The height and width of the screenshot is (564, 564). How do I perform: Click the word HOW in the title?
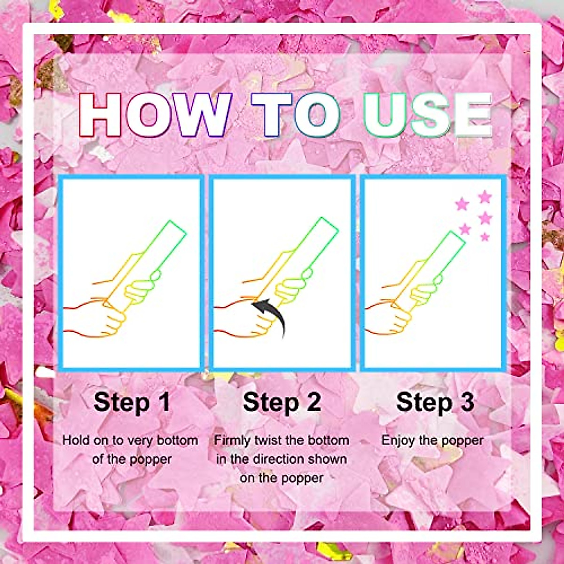(155, 115)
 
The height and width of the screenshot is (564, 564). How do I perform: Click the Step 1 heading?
(132, 402)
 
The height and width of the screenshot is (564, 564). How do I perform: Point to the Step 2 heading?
(282, 402)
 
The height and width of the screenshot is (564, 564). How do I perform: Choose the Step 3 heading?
(435, 402)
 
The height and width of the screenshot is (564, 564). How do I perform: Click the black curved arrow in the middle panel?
(273, 315)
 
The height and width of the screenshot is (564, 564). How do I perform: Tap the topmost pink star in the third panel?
(485, 196)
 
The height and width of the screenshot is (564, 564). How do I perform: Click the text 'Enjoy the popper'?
(432, 440)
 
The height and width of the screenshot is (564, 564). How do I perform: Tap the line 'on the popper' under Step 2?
(282, 478)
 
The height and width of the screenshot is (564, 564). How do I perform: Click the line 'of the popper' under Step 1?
(132, 459)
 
